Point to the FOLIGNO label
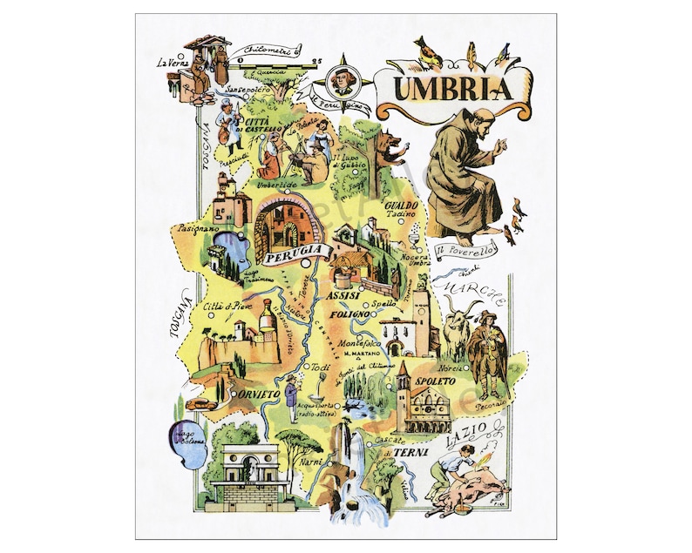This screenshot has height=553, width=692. (356, 313)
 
